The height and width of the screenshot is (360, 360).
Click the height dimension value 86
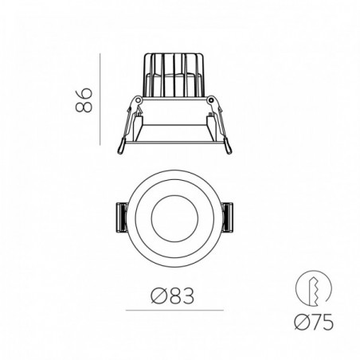[x=84, y=100]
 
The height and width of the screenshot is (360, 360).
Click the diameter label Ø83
[x=173, y=295]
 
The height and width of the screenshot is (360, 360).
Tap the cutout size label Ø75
[x=314, y=322]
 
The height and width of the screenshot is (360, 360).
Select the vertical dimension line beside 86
[x=100, y=99]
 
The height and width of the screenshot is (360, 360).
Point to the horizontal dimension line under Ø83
[x=174, y=310]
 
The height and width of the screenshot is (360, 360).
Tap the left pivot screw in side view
[x=138, y=100]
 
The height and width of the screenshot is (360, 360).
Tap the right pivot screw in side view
[x=211, y=100]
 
